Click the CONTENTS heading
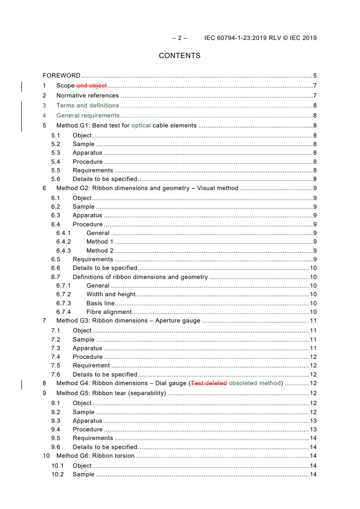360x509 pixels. click(179, 56)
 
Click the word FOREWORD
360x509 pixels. click(61, 76)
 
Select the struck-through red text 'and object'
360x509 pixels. click(92, 86)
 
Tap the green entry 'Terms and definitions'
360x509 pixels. click(88, 106)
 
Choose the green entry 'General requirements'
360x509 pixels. click(88, 116)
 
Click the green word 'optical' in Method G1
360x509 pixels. click(141, 126)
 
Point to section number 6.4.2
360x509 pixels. click(64, 242)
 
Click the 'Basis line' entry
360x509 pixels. click(100, 303)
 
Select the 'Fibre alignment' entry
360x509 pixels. click(109, 312)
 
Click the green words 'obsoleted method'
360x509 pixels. click(255, 383)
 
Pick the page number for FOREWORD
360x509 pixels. click(315, 76)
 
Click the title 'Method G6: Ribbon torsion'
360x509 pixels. click(95, 456)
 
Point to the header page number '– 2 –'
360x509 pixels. click(179, 38)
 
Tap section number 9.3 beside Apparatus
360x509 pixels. click(55, 421)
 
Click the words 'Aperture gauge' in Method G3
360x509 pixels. click(178, 321)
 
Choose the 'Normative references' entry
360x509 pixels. click(88, 96)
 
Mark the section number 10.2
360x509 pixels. click(57, 475)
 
